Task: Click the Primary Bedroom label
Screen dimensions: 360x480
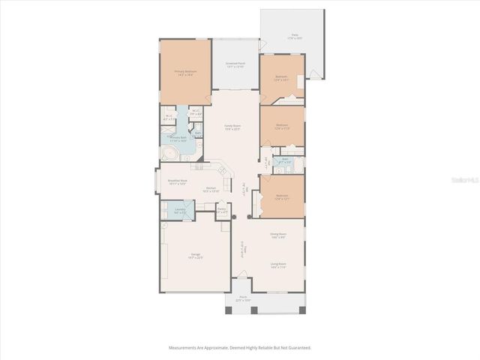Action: (x=185, y=72)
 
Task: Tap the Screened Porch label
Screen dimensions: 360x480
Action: (x=235, y=64)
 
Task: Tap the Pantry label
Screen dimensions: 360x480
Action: (x=221, y=210)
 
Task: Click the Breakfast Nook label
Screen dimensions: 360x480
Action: (x=177, y=181)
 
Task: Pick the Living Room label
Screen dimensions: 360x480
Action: (x=279, y=265)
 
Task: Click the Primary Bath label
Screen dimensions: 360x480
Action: (x=178, y=139)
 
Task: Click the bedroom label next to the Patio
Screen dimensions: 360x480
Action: (x=281, y=77)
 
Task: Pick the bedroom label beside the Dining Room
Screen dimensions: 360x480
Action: (x=281, y=197)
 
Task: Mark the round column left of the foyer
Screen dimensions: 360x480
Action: (x=234, y=217)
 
